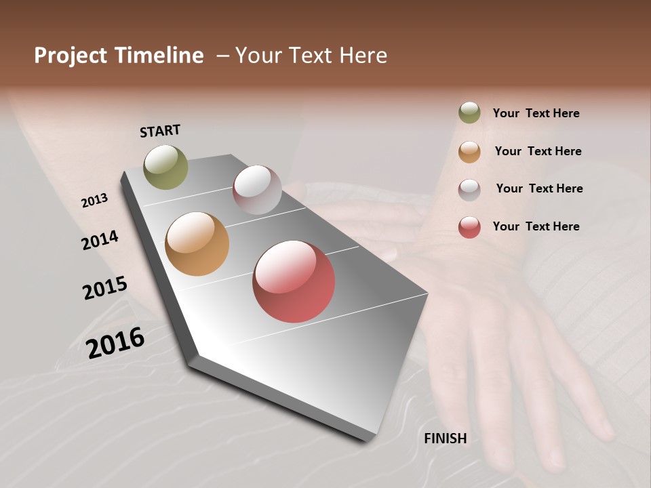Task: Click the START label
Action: coord(160,131)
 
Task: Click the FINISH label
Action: coord(446,439)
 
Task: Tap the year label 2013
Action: coord(94,201)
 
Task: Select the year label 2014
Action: coord(100,241)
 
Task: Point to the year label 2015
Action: coord(105,288)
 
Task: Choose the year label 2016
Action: coord(115,343)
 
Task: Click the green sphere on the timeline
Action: coord(166,167)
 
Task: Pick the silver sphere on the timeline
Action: coord(257,190)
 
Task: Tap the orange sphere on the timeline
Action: coord(197,244)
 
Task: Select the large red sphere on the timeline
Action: coord(294,281)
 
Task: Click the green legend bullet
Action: coord(469,113)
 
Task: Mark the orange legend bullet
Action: coord(469,151)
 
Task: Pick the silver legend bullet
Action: coord(469,189)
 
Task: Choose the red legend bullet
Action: coord(469,227)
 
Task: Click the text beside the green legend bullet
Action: coord(536,113)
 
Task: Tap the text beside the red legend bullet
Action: coord(536,226)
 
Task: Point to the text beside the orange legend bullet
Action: coord(538,151)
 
